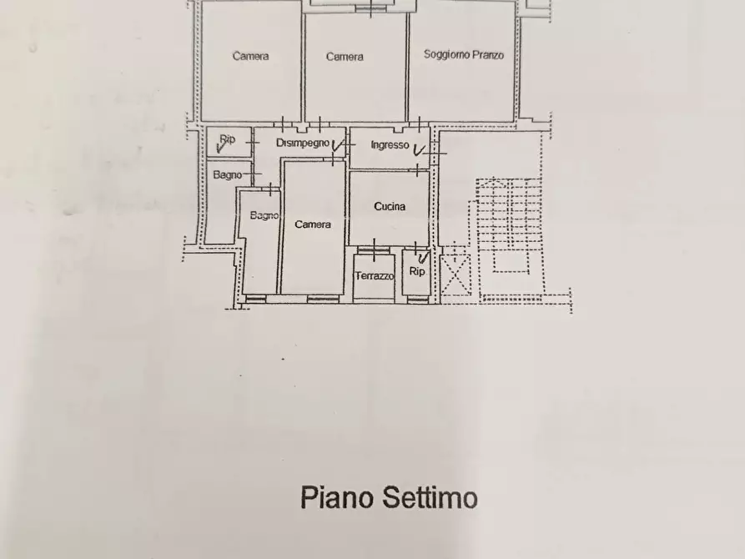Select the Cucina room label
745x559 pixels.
[390, 206]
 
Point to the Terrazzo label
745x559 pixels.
[374, 276]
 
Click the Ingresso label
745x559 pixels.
[390, 145]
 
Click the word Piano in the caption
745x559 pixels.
[337, 498]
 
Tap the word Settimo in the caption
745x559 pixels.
[430, 498]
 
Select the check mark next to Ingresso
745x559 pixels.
[419, 150]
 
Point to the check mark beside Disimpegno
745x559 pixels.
[338, 147]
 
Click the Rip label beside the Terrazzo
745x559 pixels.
[417, 271]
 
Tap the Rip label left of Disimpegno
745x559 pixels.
[227, 139]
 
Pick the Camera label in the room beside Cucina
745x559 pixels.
[312, 224]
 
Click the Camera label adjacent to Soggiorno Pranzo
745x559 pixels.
[345, 57]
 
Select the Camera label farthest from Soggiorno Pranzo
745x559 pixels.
[250, 56]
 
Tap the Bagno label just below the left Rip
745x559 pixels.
[227, 175]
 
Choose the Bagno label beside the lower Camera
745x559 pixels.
[264, 216]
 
